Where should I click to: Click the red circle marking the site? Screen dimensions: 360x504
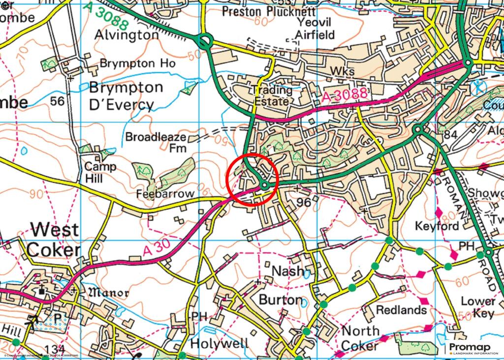point(252,179)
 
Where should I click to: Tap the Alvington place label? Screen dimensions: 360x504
point(127,35)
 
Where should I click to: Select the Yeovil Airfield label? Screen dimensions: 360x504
point(315,29)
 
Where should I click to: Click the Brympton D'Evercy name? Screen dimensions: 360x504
point(126,96)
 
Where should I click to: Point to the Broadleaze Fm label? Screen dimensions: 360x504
point(156,142)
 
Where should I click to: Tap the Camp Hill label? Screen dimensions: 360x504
point(100,172)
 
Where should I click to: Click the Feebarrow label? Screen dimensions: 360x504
point(166,194)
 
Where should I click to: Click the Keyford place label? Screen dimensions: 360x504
point(437,226)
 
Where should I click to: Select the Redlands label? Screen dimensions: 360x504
point(401,310)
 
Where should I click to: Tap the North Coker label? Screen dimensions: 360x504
point(360,338)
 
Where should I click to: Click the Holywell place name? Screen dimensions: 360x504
point(220,343)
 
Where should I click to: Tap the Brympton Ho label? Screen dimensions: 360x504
point(137,63)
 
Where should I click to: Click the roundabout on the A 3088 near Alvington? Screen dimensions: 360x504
point(205,41)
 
